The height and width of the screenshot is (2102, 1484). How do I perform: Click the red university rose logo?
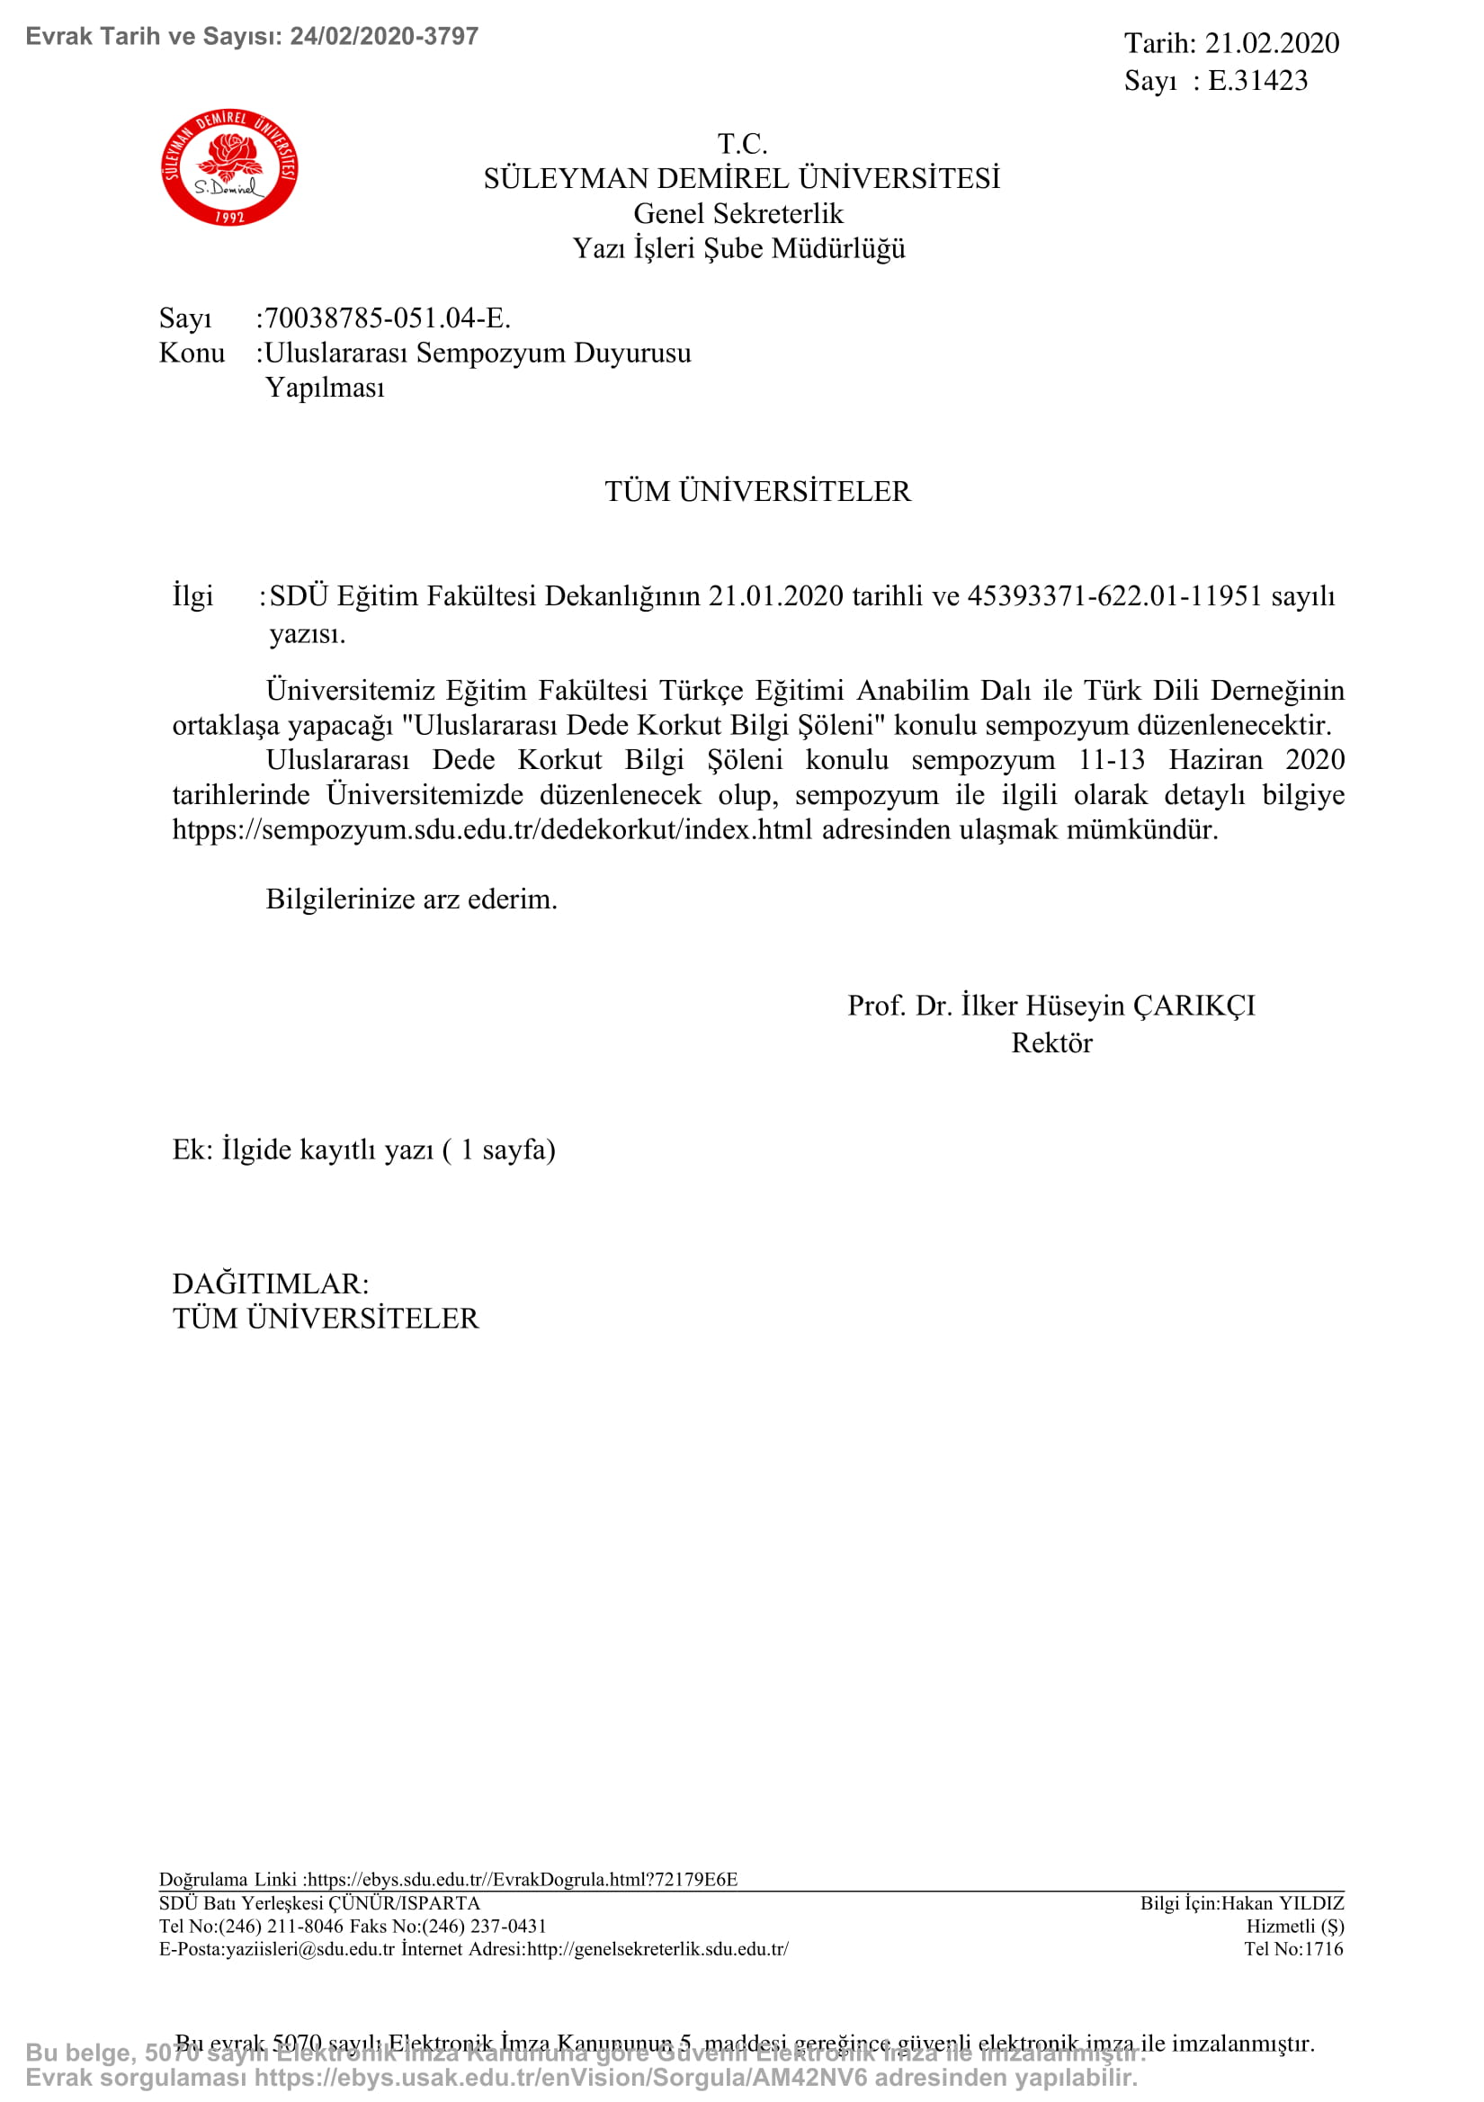click(228, 167)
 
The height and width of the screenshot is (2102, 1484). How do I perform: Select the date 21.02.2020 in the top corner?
click(1271, 43)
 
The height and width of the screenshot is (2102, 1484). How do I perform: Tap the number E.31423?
click(1257, 81)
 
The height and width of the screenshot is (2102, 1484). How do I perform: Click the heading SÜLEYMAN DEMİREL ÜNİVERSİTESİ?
click(740, 178)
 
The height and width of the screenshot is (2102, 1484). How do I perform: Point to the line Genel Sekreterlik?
click(738, 213)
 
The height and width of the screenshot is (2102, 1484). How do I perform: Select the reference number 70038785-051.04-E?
click(388, 318)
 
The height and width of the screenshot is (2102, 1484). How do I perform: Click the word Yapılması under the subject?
click(325, 388)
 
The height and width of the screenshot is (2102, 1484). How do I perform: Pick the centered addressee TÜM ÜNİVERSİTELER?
click(757, 492)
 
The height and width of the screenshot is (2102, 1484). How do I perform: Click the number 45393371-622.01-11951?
click(1114, 596)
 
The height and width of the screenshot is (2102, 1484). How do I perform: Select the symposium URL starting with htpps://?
click(493, 829)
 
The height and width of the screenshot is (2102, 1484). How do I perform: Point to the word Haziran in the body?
click(1215, 760)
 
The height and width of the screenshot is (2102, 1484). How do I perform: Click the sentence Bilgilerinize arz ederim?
click(411, 899)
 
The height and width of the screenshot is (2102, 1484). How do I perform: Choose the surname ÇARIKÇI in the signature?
click(1193, 1006)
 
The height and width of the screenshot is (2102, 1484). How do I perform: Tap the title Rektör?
click(1051, 1042)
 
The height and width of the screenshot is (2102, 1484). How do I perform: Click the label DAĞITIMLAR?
click(270, 1284)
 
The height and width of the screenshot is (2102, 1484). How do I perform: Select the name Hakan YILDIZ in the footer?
click(1283, 1903)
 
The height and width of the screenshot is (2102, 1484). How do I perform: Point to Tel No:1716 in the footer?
click(1292, 1949)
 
